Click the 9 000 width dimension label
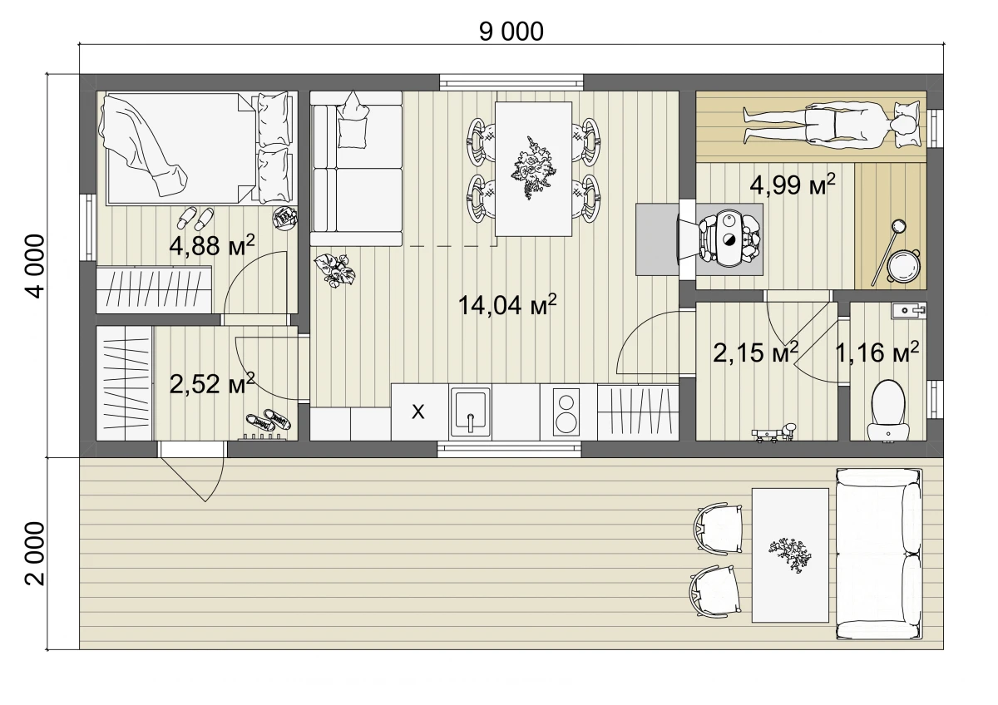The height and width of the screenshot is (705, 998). [x=511, y=32]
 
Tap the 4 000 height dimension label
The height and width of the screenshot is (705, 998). [x=35, y=266]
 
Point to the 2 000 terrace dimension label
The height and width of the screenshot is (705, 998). [x=35, y=554]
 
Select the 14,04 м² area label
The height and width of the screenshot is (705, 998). [x=507, y=304]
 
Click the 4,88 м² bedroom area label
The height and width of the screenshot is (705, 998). [x=212, y=245]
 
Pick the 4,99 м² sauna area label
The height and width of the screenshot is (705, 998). [x=793, y=185]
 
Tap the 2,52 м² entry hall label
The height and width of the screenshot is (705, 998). [x=212, y=383]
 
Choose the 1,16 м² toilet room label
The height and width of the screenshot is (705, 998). [x=877, y=352]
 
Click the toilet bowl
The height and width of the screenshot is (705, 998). [x=888, y=410]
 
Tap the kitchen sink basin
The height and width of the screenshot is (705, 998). [x=471, y=411]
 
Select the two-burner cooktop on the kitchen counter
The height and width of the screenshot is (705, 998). [x=566, y=412]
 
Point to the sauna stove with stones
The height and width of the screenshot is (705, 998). [x=728, y=239]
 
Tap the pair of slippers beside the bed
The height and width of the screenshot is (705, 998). [x=195, y=218]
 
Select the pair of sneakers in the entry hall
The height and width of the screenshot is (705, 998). [x=268, y=421]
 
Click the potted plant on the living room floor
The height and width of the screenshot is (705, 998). [x=335, y=270]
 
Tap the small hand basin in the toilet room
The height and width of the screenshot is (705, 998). [x=908, y=310]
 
